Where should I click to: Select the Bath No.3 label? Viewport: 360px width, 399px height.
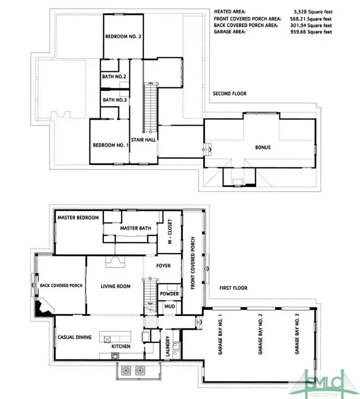(114, 100)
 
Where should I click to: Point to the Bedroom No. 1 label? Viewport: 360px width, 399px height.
(110, 145)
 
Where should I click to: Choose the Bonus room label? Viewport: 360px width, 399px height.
(262, 147)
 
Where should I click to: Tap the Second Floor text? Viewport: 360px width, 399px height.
(230, 94)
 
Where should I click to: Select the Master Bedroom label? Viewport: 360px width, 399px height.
(78, 218)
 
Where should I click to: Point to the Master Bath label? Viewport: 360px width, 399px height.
(135, 228)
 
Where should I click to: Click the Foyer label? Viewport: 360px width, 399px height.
(164, 265)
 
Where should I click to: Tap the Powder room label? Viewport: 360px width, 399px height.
(170, 294)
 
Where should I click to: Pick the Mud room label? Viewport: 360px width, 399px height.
(169, 307)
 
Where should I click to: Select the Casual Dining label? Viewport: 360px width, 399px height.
(75, 337)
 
